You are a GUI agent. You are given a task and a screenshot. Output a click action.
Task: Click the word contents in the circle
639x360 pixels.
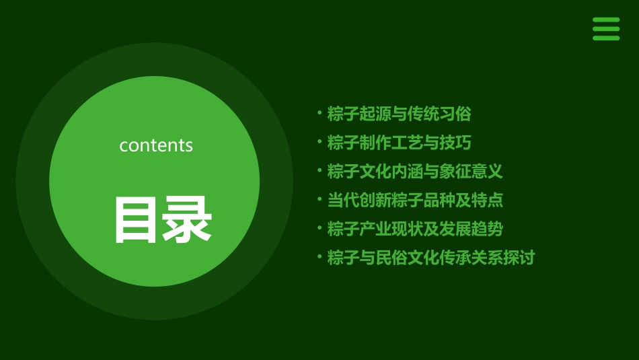156,145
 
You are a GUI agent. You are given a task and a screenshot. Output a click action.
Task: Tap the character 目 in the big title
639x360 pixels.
136,220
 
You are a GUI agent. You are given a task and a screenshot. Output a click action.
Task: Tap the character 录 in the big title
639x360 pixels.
186,220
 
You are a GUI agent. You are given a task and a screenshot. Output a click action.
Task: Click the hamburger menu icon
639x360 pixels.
605,29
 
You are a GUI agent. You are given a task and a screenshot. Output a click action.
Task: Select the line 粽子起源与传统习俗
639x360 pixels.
399,114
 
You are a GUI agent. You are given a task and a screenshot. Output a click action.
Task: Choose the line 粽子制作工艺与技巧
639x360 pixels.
399,143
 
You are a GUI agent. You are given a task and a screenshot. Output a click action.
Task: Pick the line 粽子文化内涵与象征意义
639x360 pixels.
414,171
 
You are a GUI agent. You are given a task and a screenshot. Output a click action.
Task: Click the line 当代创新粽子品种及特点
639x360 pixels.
414,200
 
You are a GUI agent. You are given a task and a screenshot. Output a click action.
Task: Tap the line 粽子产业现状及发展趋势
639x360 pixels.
414,229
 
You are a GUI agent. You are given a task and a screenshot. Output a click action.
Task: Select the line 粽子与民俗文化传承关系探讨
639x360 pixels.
430,258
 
